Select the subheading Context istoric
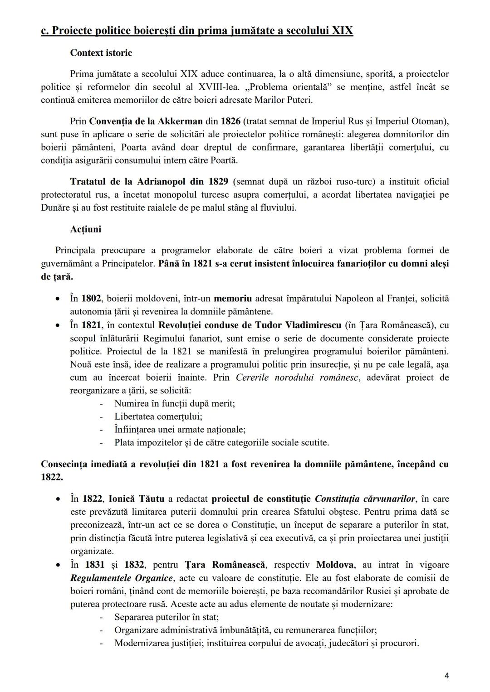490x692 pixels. pyautogui.click(x=101, y=53)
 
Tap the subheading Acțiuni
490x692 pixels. pyautogui.click(x=85, y=229)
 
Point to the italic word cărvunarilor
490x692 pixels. pyautogui.click(x=390, y=499)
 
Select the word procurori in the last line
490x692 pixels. pyautogui.click(x=400, y=644)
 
